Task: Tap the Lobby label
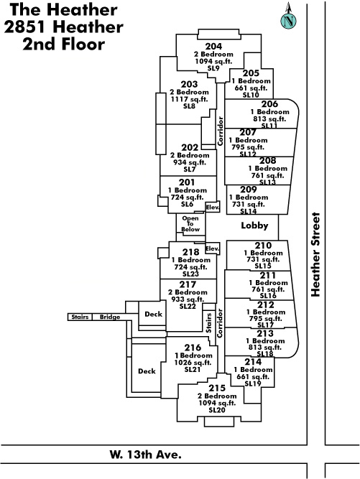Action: [x=254, y=225]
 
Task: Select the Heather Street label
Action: [x=315, y=254]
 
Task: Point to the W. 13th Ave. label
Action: [x=145, y=455]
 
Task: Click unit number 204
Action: [x=213, y=47]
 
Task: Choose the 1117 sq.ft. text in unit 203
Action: [x=189, y=99]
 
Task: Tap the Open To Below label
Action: [x=190, y=224]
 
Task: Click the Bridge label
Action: [x=110, y=317]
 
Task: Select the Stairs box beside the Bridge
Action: [x=80, y=317]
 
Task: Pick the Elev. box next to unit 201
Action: [x=213, y=207]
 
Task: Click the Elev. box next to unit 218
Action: [x=213, y=248]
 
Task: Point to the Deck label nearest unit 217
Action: [x=153, y=314]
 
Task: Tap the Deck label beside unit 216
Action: [x=147, y=371]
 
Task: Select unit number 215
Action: [x=217, y=388]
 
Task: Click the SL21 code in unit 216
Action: [x=193, y=370]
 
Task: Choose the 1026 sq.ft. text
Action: [x=193, y=363]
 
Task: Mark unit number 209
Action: [x=249, y=190]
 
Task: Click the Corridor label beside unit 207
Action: [x=220, y=131]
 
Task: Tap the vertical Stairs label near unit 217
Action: [x=208, y=323]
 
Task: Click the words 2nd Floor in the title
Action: [x=63, y=44]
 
